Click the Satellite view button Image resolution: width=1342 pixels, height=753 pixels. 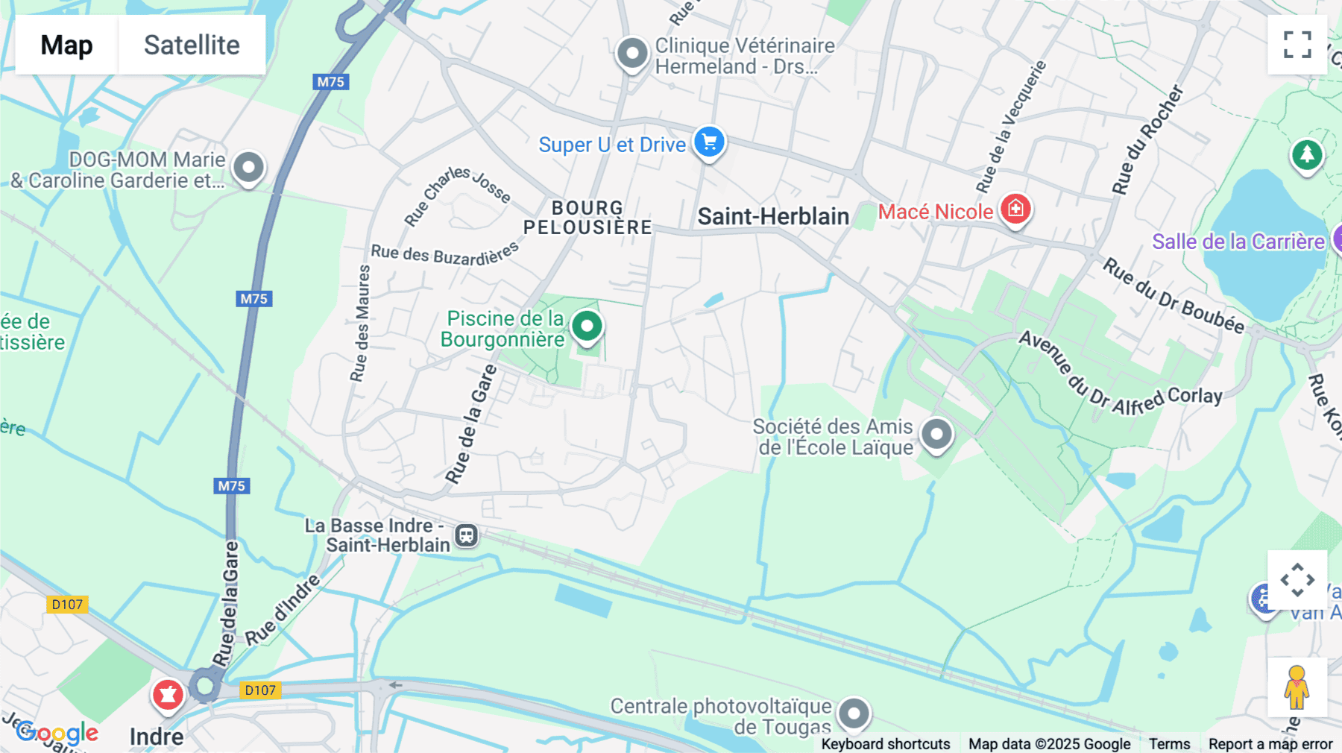tap(192, 45)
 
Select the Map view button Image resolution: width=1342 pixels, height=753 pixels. tap(66, 45)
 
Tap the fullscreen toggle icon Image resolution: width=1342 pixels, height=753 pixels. tap(1297, 44)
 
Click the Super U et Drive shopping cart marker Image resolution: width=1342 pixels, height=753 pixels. tap(709, 141)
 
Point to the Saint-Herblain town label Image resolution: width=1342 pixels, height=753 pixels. tap(773, 217)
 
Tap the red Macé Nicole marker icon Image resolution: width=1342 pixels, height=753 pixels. tap(1015, 209)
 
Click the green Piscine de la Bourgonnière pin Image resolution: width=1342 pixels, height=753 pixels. tap(587, 326)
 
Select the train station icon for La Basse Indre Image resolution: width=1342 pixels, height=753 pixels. tap(467, 535)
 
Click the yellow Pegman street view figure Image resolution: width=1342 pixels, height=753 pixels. tap(1297, 687)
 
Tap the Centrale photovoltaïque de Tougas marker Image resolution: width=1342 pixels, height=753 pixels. tap(854, 713)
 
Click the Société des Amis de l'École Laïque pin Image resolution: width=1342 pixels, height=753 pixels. tap(936, 434)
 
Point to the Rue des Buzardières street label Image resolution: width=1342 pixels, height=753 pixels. tap(444, 254)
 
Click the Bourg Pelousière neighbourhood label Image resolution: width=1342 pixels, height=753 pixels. tap(587, 218)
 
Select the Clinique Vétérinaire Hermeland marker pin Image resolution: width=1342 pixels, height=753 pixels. tap(632, 54)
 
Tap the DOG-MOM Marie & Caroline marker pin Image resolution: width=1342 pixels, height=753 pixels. tap(248, 167)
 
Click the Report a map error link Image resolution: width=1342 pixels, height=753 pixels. tap(1270, 744)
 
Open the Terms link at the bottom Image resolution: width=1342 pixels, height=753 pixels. tap(1169, 744)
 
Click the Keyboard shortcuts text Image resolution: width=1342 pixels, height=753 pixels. tap(885, 744)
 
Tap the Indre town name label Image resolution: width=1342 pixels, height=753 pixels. tap(157, 737)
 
